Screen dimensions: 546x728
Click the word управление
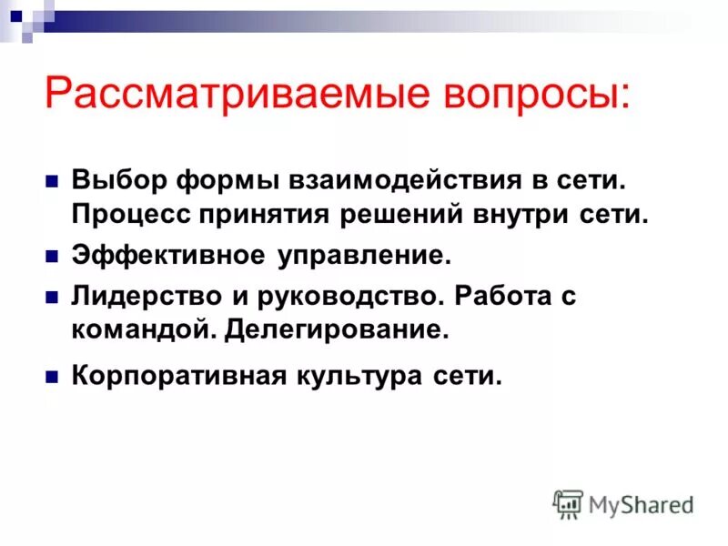[364, 257]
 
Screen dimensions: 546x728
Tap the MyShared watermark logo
[623, 503]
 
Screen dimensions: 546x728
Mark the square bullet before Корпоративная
[52, 375]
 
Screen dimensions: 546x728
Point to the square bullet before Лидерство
[52, 297]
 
